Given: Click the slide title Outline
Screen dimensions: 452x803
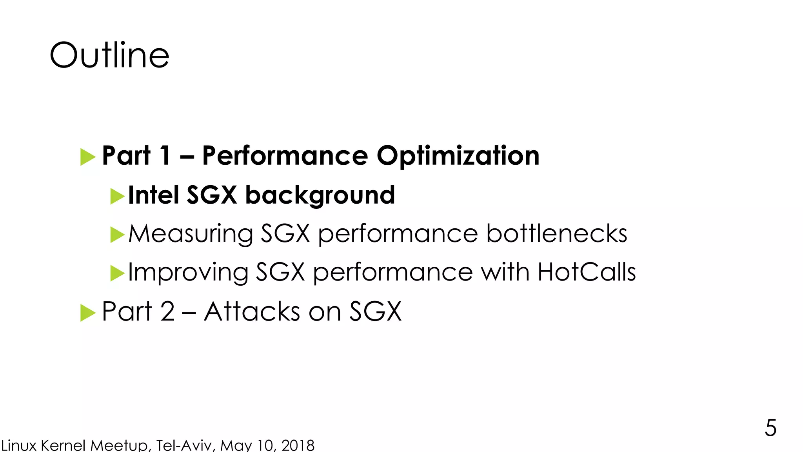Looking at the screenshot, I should tap(109, 55).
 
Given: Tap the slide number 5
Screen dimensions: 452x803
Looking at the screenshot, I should tap(770, 428).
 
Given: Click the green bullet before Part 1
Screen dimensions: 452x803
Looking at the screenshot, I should tap(88, 157).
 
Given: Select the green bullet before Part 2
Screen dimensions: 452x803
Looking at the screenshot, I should tap(88, 313).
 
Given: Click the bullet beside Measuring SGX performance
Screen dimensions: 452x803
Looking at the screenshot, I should tap(117, 235).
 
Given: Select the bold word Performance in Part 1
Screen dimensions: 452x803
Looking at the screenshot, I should tap(285, 156).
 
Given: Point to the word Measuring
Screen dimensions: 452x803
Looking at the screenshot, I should tap(191, 234).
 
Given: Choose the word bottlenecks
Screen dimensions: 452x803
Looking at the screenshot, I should tap(556, 233).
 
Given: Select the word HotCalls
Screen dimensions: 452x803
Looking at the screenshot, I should tap(587, 272).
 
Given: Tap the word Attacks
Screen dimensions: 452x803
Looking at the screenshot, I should tap(252, 312).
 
